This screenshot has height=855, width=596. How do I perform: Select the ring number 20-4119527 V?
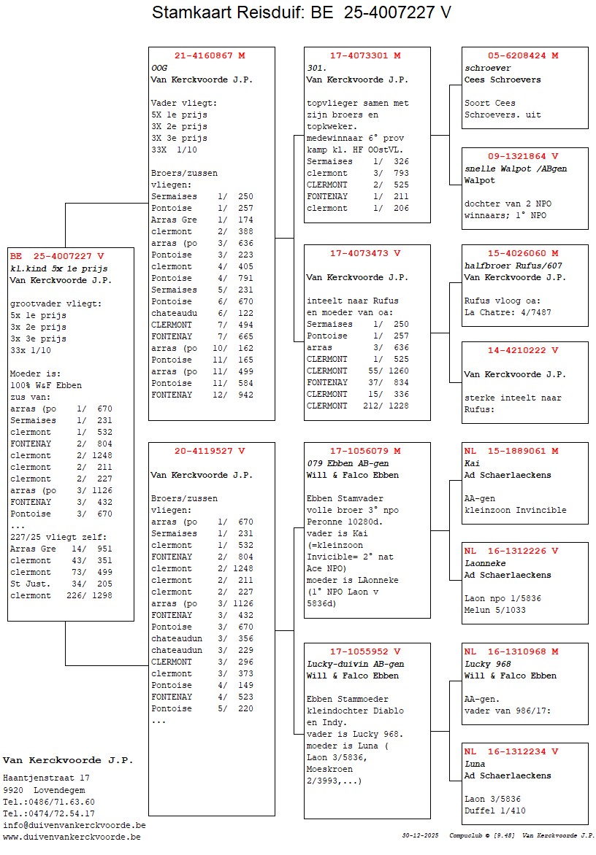(x=210, y=451)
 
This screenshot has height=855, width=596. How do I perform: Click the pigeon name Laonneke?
(x=485, y=563)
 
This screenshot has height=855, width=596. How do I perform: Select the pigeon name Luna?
(x=475, y=764)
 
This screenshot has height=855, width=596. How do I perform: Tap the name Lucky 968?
(x=488, y=664)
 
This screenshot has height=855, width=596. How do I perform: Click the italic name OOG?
(x=159, y=68)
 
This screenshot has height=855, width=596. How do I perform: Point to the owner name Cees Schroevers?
(x=503, y=80)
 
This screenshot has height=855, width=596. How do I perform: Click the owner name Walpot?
(x=480, y=180)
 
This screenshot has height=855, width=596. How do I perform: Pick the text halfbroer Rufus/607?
(x=513, y=266)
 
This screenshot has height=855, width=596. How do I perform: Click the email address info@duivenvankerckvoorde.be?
(x=74, y=825)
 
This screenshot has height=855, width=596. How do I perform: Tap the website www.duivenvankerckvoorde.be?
(x=72, y=837)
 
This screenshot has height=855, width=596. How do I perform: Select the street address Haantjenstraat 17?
(x=46, y=778)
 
